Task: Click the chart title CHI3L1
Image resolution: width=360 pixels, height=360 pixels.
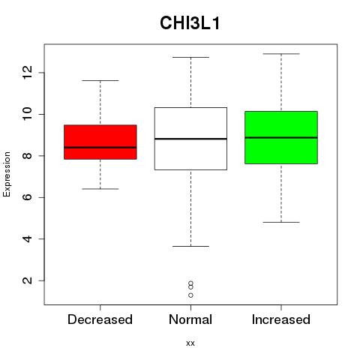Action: [x=190, y=23]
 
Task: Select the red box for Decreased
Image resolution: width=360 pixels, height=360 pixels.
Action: [x=100, y=142]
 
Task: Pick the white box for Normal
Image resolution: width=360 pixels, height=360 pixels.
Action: [x=190, y=139]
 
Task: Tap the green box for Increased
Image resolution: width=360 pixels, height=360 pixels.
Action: [x=281, y=137]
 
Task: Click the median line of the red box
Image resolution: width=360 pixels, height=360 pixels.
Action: [x=100, y=148]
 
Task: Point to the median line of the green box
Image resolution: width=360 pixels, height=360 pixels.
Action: [x=281, y=137]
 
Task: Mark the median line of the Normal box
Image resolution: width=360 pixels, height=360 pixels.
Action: [x=190, y=139]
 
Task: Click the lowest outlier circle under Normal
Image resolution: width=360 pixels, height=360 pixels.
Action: [x=190, y=295]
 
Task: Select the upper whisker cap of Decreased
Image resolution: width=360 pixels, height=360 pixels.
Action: [x=100, y=80]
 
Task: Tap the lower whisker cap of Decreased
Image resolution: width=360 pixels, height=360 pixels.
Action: [x=100, y=189]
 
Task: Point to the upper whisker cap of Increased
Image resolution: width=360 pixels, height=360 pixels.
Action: [x=281, y=54]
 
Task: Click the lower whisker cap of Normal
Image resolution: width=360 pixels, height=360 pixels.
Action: [x=190, y=246]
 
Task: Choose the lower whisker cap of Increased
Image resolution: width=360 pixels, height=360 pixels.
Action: [x=281, y=222]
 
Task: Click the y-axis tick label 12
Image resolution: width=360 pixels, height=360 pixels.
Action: [x=28, y=73]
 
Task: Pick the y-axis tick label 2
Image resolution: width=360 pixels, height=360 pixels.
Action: [x=28, y=280]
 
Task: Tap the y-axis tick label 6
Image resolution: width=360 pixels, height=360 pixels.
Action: [x=28, y=197]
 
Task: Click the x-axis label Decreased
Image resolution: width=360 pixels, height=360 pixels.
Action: [x=100, y=319]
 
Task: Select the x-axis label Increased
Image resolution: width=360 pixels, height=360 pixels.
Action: [x=281, y=319]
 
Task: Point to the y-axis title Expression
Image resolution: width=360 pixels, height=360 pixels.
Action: [x=7, y=174]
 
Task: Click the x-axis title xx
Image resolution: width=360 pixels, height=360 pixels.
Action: [x=190, y=343]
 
